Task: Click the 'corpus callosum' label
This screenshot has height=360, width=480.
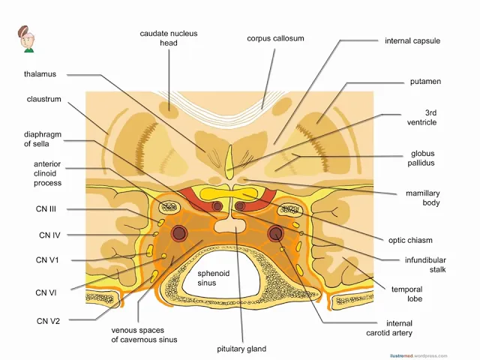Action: point(275,38)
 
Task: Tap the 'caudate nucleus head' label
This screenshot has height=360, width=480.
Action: point(168,38)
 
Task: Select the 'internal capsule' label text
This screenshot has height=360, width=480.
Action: point(412,40)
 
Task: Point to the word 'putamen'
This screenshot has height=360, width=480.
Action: point(424,81)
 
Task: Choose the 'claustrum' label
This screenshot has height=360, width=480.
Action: point(43,99)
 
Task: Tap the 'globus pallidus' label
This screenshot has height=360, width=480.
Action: point(423,157)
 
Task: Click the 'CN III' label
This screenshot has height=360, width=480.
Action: point(49,209)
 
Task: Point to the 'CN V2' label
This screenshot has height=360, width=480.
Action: point(48,321)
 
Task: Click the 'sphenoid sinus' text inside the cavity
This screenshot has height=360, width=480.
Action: point(207,278)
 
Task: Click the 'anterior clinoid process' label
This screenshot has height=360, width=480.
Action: point(47,173)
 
